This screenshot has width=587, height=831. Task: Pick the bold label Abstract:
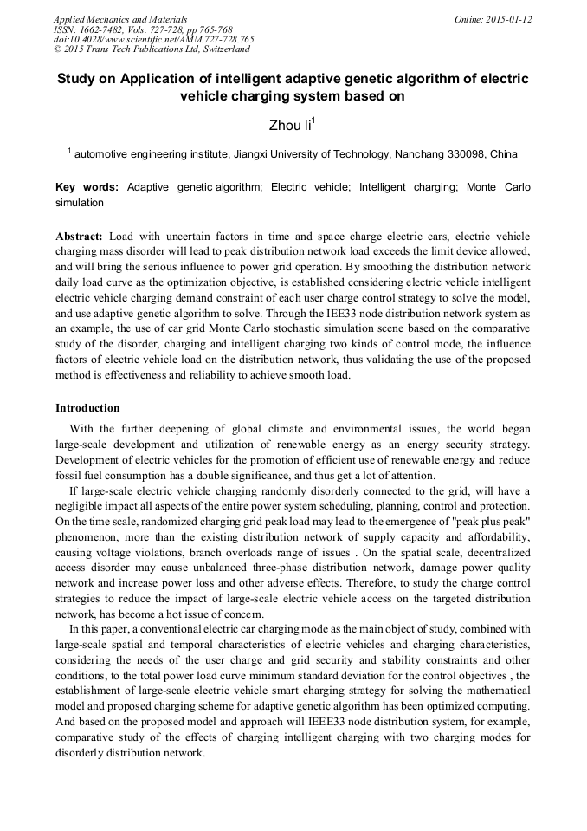(79, 237)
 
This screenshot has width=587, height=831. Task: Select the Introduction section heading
(87, 408)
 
